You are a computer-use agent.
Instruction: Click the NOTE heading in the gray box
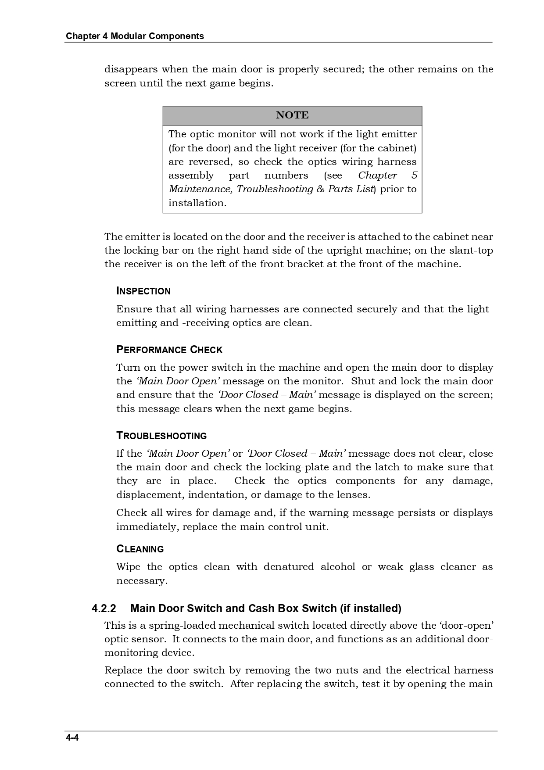pos(292,115)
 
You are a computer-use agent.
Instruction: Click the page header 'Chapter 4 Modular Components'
pos(135,36)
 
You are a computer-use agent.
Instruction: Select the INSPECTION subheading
pos(143,291)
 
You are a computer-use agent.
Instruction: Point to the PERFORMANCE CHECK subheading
pos(169,350)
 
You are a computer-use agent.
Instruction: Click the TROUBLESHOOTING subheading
pos(161,436)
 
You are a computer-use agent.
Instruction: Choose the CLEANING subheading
pos(140,549)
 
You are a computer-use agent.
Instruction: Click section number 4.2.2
pos(104,609)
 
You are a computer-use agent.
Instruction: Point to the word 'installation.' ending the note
pos(197,203)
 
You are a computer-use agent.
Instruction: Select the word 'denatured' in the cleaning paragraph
pos(289,567)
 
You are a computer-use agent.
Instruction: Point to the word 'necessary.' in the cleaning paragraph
pos(142,581)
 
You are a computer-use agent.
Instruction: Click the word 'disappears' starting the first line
pos(131,69)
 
